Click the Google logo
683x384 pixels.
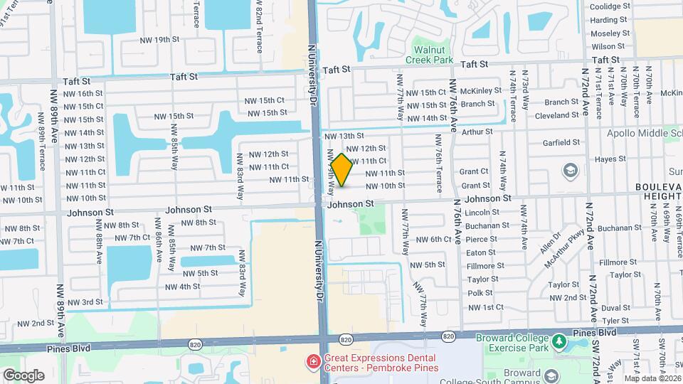[x=23, y=375]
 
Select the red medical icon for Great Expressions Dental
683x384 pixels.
[x=313, y=363]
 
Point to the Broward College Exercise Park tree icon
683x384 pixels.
[x=559, y=342]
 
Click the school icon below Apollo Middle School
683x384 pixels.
[x=570, y=171]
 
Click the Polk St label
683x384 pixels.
[x=480, y=293]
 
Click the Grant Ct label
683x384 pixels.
[x=474, y=171]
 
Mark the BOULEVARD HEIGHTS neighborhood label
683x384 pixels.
[x=658, y=193]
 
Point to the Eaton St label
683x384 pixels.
[x=481, y=252]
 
